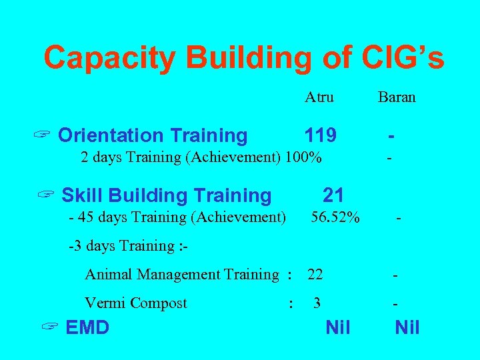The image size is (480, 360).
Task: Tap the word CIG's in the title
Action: click(403, 58)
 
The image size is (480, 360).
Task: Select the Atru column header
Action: click(319, 97)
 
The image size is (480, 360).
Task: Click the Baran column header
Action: click(397, 97)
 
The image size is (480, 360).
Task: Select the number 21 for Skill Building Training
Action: click(333, 195)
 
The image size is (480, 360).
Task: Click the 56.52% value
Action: click(335, 217)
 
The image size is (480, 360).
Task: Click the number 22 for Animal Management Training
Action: click(315, 274)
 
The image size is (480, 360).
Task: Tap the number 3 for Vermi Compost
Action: click(317, 303)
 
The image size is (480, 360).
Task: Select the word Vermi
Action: click(105, 303)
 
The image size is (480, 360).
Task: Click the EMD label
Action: click(88, 327)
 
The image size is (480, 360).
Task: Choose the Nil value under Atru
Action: click(337, 327)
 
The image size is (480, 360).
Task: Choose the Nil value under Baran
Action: click(407, 327)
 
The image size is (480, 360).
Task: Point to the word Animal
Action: click(105, 274)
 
